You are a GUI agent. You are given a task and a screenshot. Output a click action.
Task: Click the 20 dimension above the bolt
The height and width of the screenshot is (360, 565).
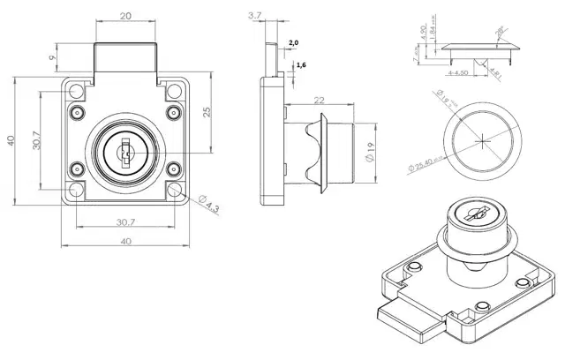[x=127, y=16]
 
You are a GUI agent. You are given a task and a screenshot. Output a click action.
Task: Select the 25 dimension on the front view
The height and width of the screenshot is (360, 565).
[x=205, y=112]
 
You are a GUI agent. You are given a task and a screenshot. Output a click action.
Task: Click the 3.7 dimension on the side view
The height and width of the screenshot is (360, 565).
[x=256, y=16]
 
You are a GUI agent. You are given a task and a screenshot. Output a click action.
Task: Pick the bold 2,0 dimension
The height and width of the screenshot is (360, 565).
[x=293, y=42]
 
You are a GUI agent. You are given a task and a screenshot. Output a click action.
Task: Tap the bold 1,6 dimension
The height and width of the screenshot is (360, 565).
[x=301, y=65]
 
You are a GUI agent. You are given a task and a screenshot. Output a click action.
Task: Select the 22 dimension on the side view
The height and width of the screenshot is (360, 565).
[x=318, y=101]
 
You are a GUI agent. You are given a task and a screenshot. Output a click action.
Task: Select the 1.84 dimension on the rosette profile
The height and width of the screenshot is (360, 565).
[x=434, y=33]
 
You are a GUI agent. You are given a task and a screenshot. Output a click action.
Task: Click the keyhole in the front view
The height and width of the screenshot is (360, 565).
[x=125, y=154]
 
